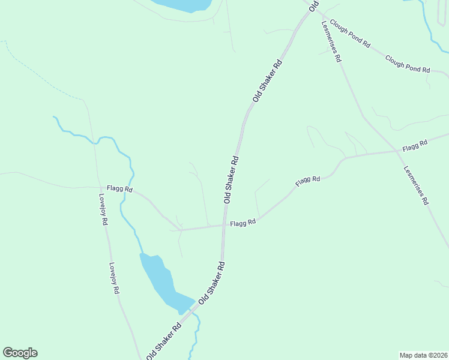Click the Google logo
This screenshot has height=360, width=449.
[20, 353]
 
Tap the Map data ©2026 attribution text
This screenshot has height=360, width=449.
[423, 355]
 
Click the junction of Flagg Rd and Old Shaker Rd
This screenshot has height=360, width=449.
[224, 226]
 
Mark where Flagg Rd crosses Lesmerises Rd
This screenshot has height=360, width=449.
[398, 150]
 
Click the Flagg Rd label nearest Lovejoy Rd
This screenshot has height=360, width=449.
[119, 188]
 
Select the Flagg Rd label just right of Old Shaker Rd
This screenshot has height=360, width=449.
[243, 223]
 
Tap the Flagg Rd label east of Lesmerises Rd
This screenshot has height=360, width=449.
[415, 145]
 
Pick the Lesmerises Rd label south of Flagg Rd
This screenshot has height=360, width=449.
[416, 185]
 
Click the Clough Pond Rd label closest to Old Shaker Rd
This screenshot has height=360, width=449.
[351, 37]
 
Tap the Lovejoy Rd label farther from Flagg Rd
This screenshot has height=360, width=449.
[114, 278]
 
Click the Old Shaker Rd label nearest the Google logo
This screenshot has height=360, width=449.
[164, 342]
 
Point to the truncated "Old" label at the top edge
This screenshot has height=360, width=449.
[313, 5]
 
